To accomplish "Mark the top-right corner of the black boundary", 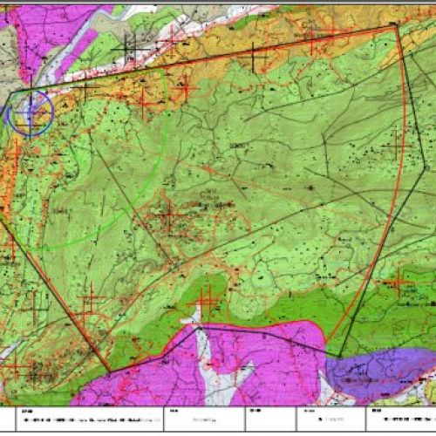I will coord(397,26).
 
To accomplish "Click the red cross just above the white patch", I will coord(207,302).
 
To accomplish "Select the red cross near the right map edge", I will coord(399,280).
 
